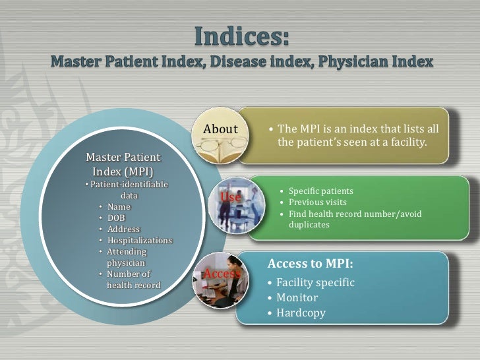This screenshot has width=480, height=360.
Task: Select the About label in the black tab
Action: click(220, 129)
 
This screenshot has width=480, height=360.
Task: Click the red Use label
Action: click(230, 197)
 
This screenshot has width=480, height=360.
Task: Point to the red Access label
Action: click(221, 273)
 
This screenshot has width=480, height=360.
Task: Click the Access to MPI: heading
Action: click(310, 264)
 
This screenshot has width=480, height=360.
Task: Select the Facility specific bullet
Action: click(315, 282)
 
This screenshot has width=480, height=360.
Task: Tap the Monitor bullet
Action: click(297, 297)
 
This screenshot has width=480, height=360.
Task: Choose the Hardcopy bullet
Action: click(301, 313)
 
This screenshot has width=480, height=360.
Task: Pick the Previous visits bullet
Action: click(317, 202)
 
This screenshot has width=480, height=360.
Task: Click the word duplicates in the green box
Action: click(309, 225)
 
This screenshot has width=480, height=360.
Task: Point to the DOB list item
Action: click(116, 218)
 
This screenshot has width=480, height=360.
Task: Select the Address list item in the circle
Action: click(123, 229)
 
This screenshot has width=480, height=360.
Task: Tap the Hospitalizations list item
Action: click(139, 240)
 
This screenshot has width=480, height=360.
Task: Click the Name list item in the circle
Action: click(119, 206)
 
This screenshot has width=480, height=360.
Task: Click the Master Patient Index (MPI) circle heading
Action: click(123, 165)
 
